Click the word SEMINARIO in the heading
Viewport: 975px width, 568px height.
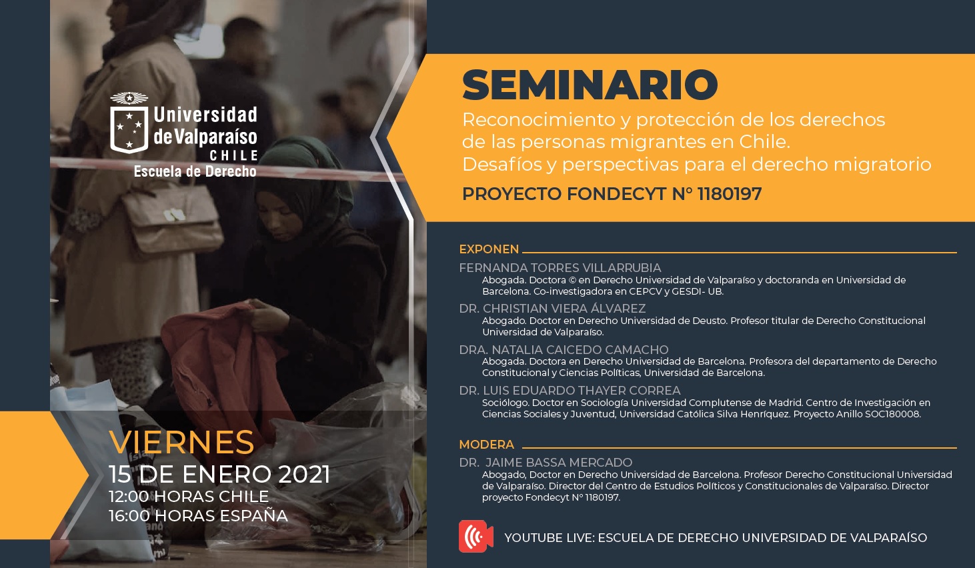point(590,85)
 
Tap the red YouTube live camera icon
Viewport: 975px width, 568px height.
point(475,536)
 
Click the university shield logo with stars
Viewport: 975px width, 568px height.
point(129,123)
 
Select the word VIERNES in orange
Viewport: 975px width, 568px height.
point(181,442)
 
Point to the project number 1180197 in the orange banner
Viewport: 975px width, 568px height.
point(730,194)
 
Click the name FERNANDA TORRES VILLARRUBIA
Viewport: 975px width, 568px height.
point(560,268)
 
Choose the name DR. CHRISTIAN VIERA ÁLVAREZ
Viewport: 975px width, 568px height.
point(552,308)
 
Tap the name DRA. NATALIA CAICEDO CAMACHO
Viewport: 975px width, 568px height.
point(564,349)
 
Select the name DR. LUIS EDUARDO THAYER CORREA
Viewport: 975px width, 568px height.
point(570,391)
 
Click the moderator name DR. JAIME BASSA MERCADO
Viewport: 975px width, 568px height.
point(546,462)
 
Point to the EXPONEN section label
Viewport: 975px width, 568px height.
point(489,249)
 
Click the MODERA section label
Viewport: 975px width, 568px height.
point(487,445)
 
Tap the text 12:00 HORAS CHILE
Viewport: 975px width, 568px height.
point(189,497)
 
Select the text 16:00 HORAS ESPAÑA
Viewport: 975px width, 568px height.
point(199,516)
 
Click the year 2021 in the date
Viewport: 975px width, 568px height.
point(304,475)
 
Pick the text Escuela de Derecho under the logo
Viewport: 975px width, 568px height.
point(195,171)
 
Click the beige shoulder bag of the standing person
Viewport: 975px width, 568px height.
point(172,220)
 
